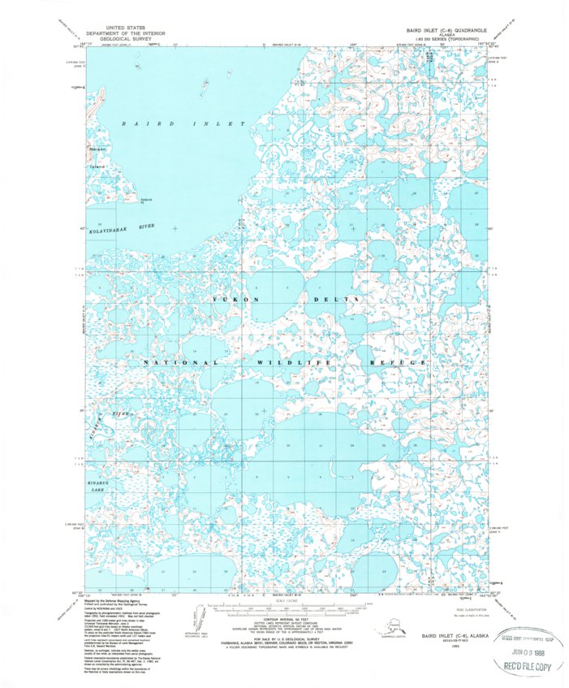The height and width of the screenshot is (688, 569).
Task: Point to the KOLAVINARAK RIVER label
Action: click(x=123, y=231)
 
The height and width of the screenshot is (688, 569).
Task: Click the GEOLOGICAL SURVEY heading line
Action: click(x=130, y=37)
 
